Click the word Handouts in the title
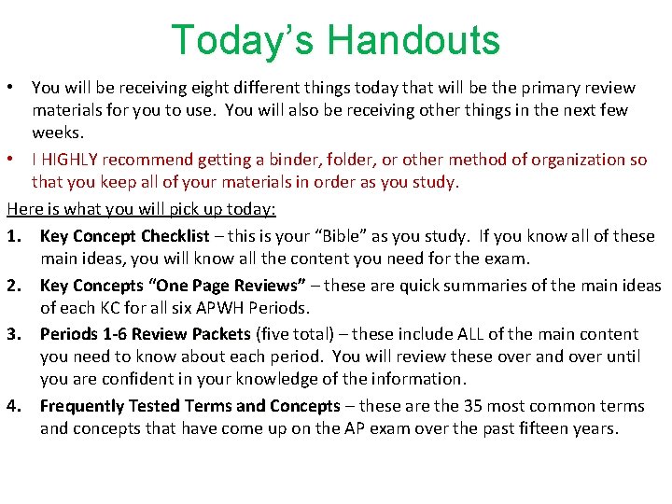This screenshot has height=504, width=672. pos(414,41)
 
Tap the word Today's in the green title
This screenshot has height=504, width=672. pos(244,41)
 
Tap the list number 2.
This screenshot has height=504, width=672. pos(14,286)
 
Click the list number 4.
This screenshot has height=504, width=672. pos(14,406)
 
